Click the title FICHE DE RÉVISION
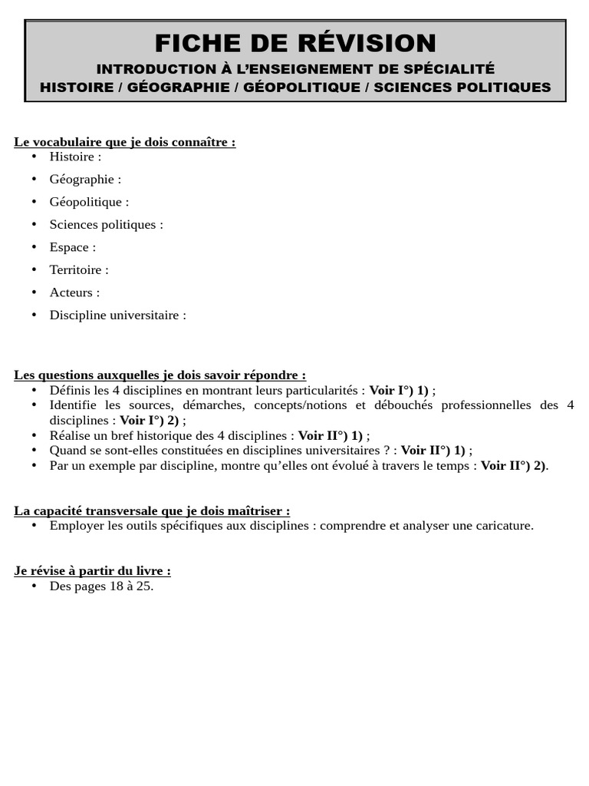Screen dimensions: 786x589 point(295,43)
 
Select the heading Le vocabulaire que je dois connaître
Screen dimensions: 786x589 point(124,142)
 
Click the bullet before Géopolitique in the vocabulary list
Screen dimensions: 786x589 point(34,202)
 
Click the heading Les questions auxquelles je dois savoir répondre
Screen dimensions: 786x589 point(160,375)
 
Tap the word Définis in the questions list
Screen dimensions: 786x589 point(70,390)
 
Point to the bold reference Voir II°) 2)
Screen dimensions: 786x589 point(513,466)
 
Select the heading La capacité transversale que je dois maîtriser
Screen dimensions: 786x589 point(152,511)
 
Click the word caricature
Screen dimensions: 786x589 point(502,526)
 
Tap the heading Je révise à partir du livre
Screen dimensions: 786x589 point(92,571)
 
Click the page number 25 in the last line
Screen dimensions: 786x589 point(144,586)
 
